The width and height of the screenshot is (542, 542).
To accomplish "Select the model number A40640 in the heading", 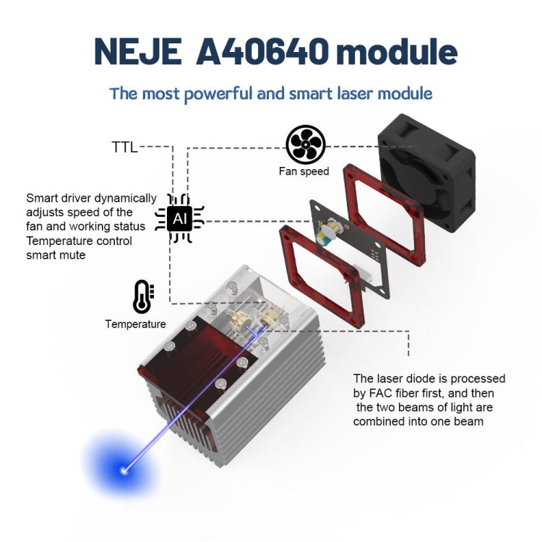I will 262,51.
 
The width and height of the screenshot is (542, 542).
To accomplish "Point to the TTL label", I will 124,147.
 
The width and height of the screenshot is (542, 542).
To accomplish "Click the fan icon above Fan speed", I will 305,145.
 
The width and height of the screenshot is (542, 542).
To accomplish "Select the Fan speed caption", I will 304,172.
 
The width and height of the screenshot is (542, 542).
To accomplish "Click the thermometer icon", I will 142,297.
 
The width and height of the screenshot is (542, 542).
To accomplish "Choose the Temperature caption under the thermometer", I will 135,324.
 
